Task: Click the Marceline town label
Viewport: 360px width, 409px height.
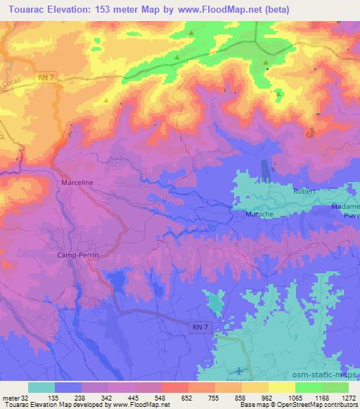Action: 77,182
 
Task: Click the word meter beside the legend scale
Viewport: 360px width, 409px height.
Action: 11,398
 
